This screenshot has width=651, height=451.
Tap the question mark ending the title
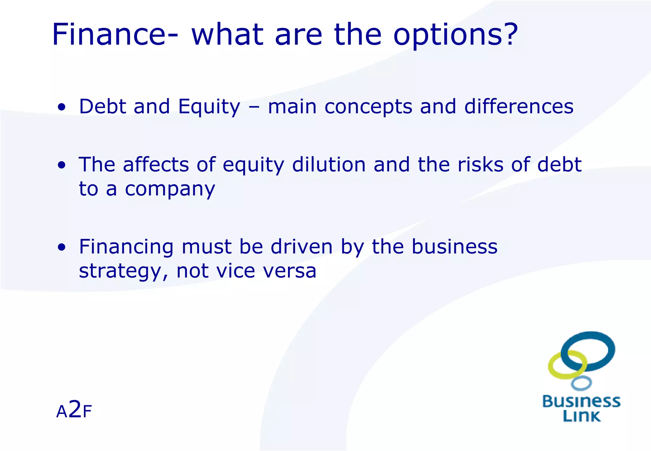(x=509, y=34)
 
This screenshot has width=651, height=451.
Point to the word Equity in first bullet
(x=209, y=107)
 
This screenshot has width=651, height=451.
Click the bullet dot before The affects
(x=62, y=165)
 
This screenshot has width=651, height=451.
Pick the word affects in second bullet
(x=156, y=165)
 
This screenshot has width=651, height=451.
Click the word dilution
(x=329, y=165)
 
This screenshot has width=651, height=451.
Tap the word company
(x=170, y=190)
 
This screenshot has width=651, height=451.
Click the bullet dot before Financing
(x=62, y=247)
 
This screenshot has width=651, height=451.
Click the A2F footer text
(x=74, y=411)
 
